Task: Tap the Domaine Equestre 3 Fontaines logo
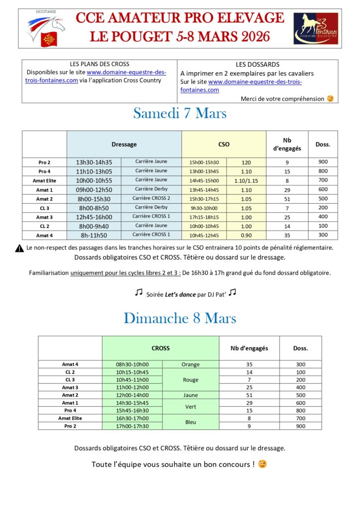[315, 28]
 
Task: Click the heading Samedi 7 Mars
[180, 113]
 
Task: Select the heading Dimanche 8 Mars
[180, 318]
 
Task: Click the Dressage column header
[124, 144]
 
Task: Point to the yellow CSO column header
[224, 144]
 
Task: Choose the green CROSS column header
[160, 348]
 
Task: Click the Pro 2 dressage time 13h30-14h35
[94, 162]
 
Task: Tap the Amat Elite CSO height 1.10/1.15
[246, 180]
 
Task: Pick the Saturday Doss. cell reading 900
[323, 162]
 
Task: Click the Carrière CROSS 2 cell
[151, 198]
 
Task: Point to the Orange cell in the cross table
[190, 364]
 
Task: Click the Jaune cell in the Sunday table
[190, 395]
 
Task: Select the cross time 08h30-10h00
[132, 364]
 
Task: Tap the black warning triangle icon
[19, 248]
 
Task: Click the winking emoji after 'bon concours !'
[262, 464]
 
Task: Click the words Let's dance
[180, 294]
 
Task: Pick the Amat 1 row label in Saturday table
[44, 189]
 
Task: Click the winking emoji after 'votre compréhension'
[330, 98]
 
